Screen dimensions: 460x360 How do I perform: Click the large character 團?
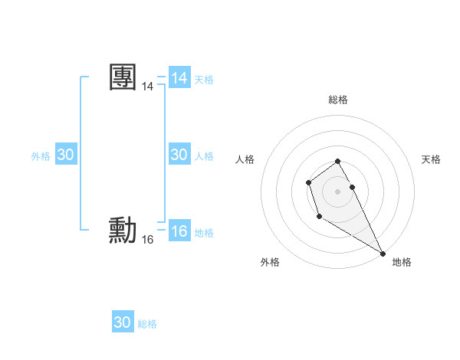click(123, 78)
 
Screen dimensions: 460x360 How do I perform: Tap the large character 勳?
click(123, 231)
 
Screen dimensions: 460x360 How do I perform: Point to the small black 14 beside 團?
click(147, 87)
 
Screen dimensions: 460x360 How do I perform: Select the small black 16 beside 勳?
click(147, 240)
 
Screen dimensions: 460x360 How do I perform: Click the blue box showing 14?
click(179, 78)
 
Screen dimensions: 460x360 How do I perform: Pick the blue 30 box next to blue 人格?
click(179, 155)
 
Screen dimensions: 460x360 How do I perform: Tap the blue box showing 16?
click(179, 231)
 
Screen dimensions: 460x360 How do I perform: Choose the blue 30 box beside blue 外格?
click(65, 155)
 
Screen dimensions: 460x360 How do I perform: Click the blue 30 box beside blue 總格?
click(123, 322)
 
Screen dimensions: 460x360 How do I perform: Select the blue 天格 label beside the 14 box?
click(204, 80)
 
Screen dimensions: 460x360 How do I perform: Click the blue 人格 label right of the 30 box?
click(204, 156)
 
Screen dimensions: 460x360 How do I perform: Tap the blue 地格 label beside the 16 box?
click(204, 233)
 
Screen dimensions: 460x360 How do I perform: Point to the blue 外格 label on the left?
click(41, 156)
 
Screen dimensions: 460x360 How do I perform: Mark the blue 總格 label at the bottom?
click(147, 324)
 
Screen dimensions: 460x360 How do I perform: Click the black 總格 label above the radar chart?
click(337, 100)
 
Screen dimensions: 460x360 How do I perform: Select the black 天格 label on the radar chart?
click(431, 159)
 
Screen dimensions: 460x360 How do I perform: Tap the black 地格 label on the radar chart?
click(402, 262)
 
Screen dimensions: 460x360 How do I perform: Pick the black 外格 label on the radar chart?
click(270, 262)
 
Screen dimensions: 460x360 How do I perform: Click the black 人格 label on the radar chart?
click(245, 159)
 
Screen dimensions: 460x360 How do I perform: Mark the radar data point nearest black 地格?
click(383, 253)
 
